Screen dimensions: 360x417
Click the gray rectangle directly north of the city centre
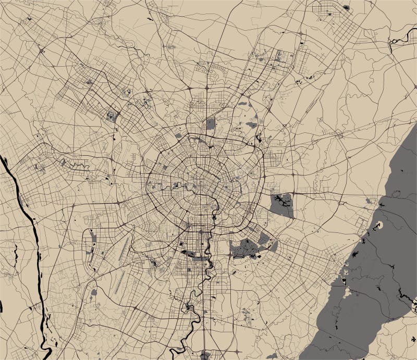[x=210, y=124]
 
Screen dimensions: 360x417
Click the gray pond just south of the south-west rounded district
[x=94, y=292]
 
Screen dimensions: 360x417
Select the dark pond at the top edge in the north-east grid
[x=346, y=8]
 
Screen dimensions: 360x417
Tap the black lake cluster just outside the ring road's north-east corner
[x=258, y=138]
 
